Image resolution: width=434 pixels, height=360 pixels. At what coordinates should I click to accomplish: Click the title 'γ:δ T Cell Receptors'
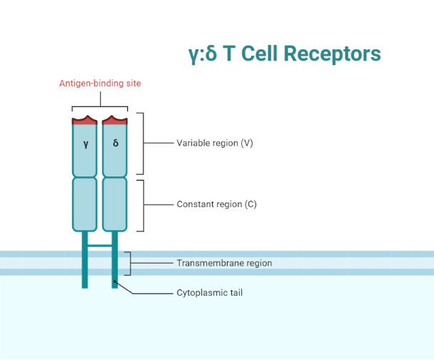click(283, 54)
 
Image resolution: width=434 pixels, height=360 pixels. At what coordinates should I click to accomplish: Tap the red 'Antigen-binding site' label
click(100, 84)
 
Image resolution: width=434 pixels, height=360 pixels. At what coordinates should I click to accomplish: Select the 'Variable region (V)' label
click(215, 143)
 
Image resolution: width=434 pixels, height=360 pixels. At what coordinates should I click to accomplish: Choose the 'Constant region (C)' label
click(216, 204)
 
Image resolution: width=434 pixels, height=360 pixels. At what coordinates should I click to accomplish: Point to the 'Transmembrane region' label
click(224, 263)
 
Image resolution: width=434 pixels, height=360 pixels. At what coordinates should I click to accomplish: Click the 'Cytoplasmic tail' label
click(210, 292)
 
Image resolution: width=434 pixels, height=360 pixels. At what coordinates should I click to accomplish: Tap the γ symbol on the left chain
click(85, 144)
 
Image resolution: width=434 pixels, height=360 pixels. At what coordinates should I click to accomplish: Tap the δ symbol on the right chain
click(116, 144)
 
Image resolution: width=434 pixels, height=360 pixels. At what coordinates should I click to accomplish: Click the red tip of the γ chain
click(85, 120)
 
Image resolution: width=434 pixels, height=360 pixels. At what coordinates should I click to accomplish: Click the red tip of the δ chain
click(115, 120)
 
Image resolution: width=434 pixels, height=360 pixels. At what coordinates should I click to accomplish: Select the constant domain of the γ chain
click(85, 204)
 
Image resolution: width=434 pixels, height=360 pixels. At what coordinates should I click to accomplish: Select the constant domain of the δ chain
click(115, 204)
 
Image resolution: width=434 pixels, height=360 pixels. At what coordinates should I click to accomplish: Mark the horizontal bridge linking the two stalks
click(100, 245)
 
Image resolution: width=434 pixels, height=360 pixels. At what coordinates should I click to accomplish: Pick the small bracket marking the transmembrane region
click(129, 263)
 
